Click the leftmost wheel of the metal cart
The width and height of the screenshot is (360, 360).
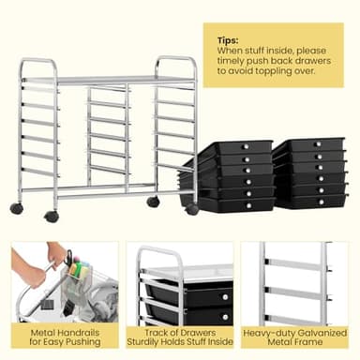click(x=17, y=208)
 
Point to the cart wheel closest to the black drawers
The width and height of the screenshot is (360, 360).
click(x=192, y=209)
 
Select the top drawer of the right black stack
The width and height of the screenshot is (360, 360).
click(x=309, y=146)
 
